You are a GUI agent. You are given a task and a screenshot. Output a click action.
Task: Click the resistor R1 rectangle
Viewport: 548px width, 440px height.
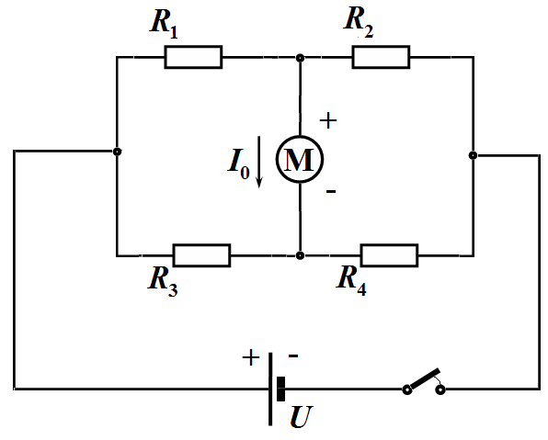pyautogui.click(x=193, y=57)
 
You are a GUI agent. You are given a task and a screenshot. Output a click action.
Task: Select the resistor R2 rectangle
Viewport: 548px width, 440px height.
pyautogui.click(x=381, y=57)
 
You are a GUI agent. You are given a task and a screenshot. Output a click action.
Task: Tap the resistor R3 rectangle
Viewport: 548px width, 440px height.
pyautogui.click(x=201, y=255)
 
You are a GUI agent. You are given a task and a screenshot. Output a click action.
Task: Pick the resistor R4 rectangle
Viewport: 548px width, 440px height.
pyautogui.click(x=389, y=255)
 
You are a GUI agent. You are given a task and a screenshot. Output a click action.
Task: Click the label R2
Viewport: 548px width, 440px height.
pyautogui.click(x=359, y=22)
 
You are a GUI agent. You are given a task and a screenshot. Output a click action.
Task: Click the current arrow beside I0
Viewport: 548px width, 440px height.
pyautogui.click(x=259, y=162)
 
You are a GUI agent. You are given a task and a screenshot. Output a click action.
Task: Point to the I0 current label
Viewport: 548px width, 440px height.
pyautogui.click(x=238, y=164)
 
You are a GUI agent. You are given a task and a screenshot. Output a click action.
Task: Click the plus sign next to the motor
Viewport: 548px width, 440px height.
pyautogui.click(x=328, y=121)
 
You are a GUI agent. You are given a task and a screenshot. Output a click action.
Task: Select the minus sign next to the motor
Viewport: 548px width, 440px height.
pyautogui.click(x=331, y=191)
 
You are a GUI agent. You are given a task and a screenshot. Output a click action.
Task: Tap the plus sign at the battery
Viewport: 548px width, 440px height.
pyautogui.click(x=251, y=357)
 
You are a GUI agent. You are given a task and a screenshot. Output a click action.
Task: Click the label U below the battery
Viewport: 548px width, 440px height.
pyautogui.click(x=302, y=416)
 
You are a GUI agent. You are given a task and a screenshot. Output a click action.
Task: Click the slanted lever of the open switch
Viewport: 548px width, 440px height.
pyautogui.click(x=424, y=378)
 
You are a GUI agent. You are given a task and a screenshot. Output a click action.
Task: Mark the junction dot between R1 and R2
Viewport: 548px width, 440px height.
pyautogui.click(x=300, y=58)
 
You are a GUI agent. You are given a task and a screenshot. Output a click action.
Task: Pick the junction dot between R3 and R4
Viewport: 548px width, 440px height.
pyautogui.click(x=300, y=255)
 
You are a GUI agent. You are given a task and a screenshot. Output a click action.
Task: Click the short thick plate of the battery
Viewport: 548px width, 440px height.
pyautogui.click(x=280, y=389)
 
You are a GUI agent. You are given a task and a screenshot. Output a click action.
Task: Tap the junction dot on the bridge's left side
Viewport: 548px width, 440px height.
pyautogui.click(x=118, y=152)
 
